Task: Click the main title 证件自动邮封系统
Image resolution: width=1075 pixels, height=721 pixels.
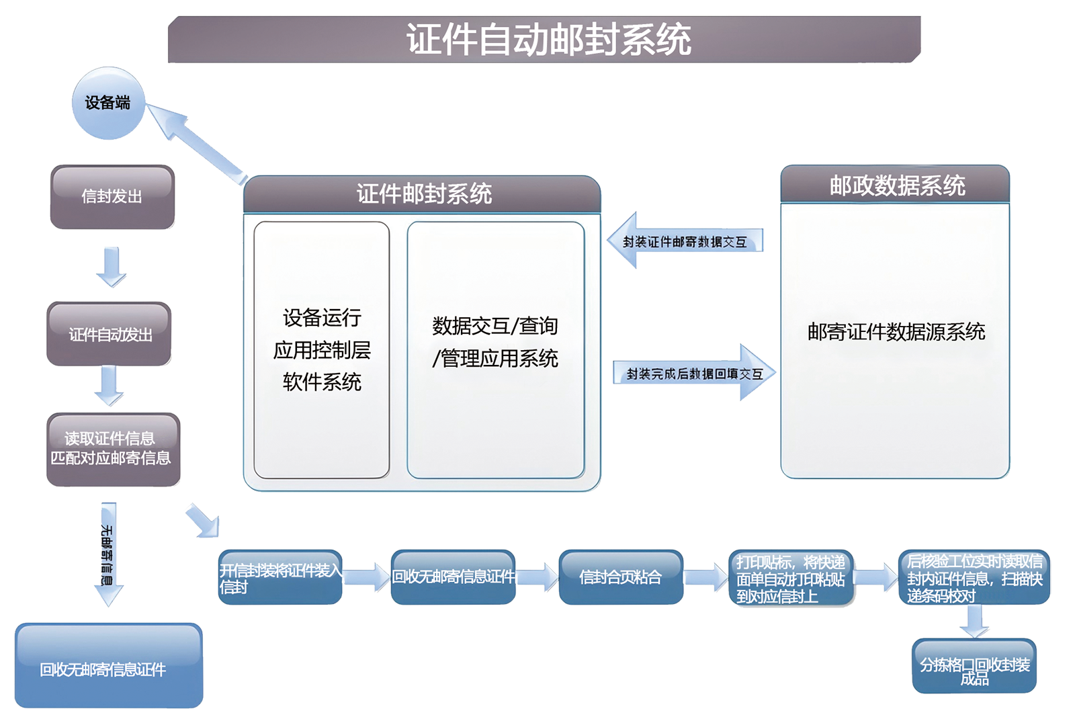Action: (548, 40)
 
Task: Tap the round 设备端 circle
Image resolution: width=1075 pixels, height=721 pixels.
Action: (108, 103)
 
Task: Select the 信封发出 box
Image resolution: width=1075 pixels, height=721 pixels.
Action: (112, 197)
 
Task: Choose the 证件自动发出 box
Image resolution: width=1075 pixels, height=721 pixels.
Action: (110, 334)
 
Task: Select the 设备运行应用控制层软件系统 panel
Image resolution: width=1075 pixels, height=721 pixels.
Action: (322, 350)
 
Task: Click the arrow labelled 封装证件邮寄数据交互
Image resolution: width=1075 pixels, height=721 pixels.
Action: (684, 241)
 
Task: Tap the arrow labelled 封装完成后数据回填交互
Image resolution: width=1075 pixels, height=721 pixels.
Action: (694, 374)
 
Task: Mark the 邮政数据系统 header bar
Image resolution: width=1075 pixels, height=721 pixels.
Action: (895, 185)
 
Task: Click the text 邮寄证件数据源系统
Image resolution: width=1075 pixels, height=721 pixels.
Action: (896, 332)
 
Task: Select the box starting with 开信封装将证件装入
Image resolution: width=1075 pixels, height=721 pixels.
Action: (280, 578)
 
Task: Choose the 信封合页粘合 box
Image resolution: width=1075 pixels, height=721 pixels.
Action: (621, 577)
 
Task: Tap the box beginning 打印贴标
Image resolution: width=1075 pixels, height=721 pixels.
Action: (791, 578)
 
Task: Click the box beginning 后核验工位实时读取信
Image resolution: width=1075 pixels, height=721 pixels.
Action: (974, 578)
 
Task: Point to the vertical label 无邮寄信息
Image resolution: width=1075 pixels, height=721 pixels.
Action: (107, 555)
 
